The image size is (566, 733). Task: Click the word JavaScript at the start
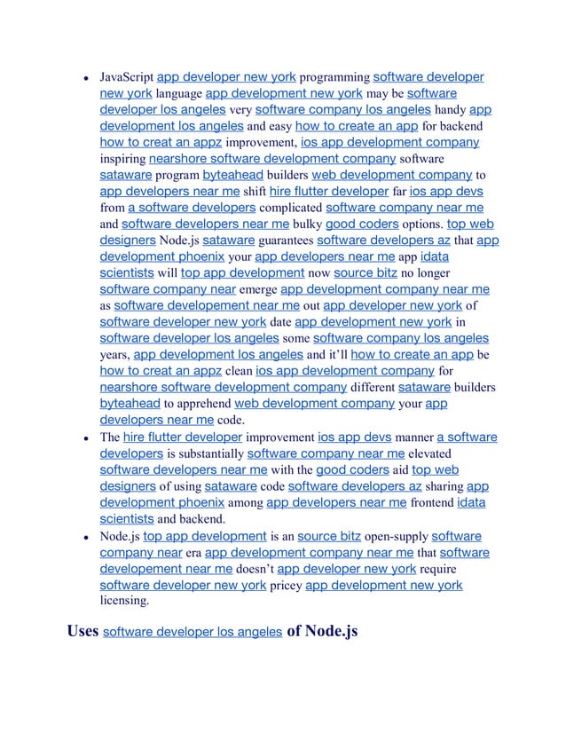tap(126, 78)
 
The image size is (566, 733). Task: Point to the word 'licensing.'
tap(125, 601)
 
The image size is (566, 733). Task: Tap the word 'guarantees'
tap(286, 240)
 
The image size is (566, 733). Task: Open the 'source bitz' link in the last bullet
tap(329, 536)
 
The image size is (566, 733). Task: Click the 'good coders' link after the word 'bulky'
tap(360, 224)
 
